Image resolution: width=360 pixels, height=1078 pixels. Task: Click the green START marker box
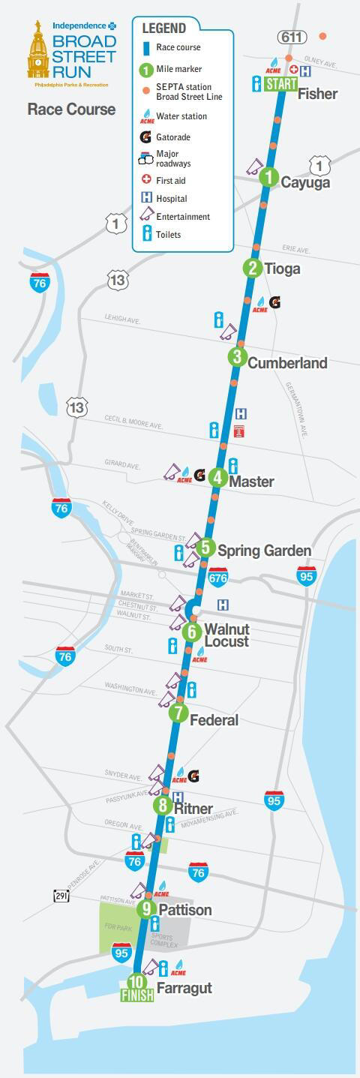point(281,83)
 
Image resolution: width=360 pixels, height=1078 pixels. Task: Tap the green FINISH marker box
point(137,995)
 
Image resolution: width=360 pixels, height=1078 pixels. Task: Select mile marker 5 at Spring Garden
point(206,548)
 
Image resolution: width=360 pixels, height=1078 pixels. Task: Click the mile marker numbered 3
point(238,357)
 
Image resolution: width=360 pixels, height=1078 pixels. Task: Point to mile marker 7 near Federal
point(178,713)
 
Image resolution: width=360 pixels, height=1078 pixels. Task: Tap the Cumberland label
point(287,363)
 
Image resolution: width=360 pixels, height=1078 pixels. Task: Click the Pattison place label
point(184,910)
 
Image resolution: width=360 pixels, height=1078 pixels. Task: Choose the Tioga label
point(282,269)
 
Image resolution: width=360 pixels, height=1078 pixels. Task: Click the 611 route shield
point(290,37)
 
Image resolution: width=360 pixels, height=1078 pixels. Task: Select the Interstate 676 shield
point(217,577)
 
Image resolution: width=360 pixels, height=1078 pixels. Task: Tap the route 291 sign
point(61,896)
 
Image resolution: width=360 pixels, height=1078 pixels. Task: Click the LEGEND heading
point(163,29)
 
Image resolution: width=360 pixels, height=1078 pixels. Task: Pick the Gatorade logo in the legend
point(146,137)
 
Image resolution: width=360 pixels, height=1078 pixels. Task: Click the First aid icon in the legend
point(147,180)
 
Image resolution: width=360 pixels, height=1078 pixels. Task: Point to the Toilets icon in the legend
point(147,234)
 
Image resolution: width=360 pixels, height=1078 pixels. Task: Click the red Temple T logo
point(240,431)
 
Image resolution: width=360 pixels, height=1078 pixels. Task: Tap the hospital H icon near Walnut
point(223,605)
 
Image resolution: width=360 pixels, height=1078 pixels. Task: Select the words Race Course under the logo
point(71,110)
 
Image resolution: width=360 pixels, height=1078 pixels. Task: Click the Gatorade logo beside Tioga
point(274,302)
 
